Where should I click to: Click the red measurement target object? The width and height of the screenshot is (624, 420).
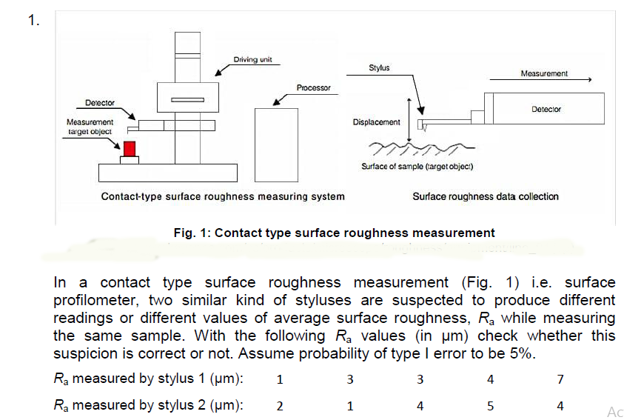tap(130, 148)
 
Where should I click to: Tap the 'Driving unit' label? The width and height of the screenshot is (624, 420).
tap(252, 60)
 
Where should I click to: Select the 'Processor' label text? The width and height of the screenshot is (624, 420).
tap(313, 88)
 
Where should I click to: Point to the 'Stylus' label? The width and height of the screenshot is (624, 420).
tap(379, 68)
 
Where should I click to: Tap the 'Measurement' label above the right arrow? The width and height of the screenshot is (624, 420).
tap(544, 73)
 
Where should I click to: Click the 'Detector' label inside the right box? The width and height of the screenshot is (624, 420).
tap(546, 109)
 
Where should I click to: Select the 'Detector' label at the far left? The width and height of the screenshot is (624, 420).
tap(98, 102)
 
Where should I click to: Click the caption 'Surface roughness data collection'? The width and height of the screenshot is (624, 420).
tap(486, 196)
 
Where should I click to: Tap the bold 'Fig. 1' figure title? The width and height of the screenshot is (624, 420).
tap(334, 233)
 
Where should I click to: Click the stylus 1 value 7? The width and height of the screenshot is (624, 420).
tap(560, 380)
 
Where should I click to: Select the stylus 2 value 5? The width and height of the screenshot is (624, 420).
tap(491, 406)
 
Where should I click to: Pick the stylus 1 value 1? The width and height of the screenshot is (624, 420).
tap(279, 380)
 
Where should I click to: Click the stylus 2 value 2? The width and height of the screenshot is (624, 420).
tap(279, 406)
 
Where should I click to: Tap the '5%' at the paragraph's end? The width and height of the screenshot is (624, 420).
tap(521, 353)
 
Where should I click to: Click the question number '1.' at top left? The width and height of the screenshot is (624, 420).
tap(34, 20)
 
